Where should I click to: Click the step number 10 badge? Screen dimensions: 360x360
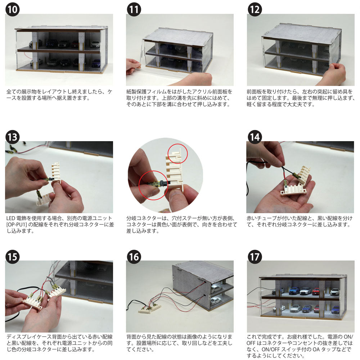pos(12,9)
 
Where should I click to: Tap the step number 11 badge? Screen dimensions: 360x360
pos(134,9)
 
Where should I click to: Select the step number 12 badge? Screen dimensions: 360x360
pos(255,9)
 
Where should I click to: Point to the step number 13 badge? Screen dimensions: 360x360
pos(12,137)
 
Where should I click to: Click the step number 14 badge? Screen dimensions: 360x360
pos(255,137)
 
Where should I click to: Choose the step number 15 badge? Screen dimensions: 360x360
pos(12,257)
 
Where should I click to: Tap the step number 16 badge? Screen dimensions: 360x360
pos(134,257)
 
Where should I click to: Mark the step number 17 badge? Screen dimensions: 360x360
pos(255,257)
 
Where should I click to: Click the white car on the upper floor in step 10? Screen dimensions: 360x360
pos(95,44)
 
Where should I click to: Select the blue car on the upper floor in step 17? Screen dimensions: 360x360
pos(294,291)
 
